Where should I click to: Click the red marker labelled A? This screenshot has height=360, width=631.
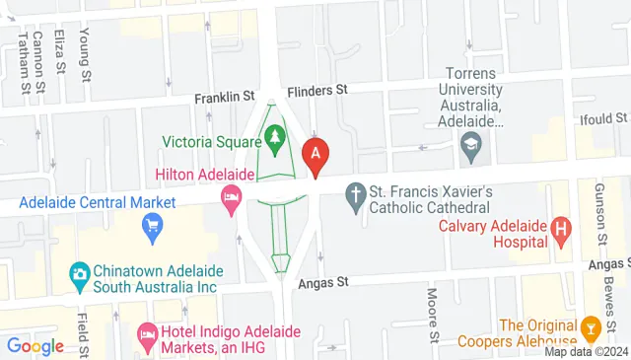click(x=315, y=154)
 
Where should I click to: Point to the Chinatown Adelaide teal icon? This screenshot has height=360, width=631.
click(x=78, y=271)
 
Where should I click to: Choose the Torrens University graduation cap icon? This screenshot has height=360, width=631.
click(x=470, y=153)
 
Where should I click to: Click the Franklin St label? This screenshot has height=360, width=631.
click(x=225, y=97)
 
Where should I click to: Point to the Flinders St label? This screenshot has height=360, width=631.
click(x=318, y=89)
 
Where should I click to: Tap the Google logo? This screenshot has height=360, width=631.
click(x=35, y=346)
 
